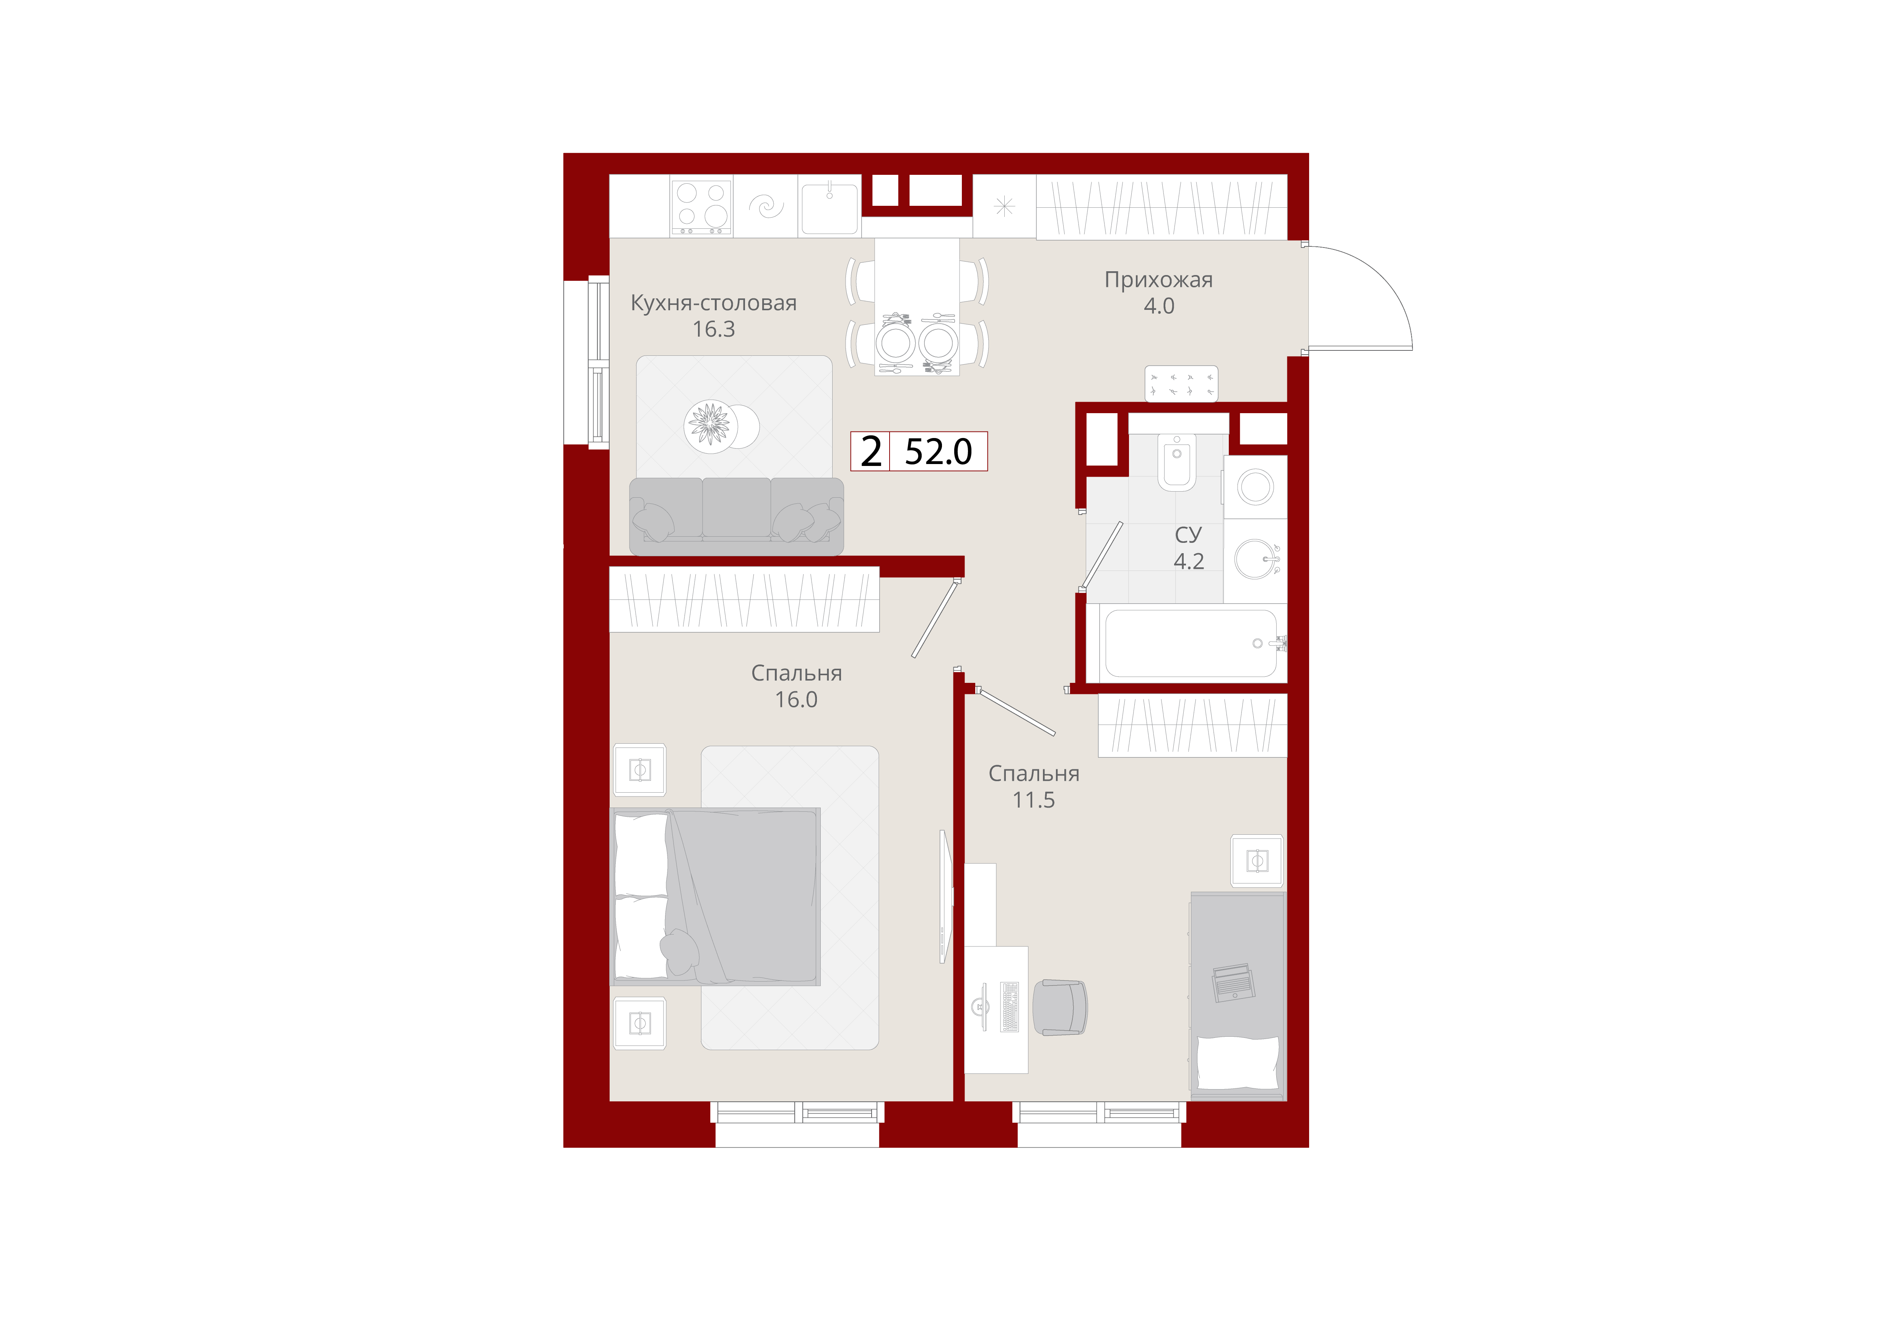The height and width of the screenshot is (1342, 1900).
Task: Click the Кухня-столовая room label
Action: tap(713, 303)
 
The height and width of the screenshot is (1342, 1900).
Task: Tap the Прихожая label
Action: tap(1158, 280)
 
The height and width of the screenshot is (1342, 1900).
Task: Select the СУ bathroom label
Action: tap(1188, 535)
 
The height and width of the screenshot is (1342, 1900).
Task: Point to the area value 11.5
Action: tap(1034, 800)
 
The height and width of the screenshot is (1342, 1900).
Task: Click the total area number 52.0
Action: tap(939, 451)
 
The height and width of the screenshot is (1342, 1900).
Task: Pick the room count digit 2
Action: tap(870, 451)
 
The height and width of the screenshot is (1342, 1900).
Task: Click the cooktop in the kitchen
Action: tap(701, 206)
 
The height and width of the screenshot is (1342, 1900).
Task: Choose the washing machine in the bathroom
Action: tap(1255, 487)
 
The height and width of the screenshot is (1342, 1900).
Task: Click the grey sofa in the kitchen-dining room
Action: tap(737, 516)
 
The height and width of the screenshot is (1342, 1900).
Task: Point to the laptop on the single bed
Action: tap(1233, 983)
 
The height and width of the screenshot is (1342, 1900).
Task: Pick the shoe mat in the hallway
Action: tap(1181, 383)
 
